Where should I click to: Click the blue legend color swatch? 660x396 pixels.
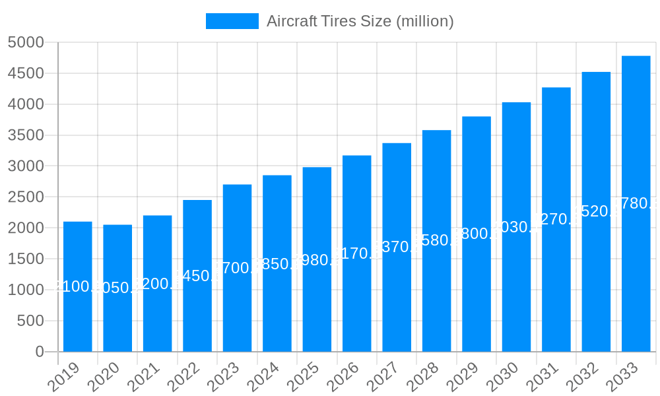pos(232,21)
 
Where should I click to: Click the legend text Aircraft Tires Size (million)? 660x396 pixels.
pos(360,21)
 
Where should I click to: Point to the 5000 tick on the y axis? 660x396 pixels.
pos(26,43)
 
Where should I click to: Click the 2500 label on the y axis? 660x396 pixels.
pos(26,197)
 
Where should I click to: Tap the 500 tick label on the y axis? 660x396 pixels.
pos(30,321)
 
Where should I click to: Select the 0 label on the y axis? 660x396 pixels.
pos(40,352)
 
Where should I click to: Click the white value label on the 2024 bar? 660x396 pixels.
pos(277,264)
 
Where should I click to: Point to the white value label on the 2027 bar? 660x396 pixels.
pos(397,247)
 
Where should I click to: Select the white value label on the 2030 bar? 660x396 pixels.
pos(516,227)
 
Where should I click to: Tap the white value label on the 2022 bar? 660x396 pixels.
pos(197,276)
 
